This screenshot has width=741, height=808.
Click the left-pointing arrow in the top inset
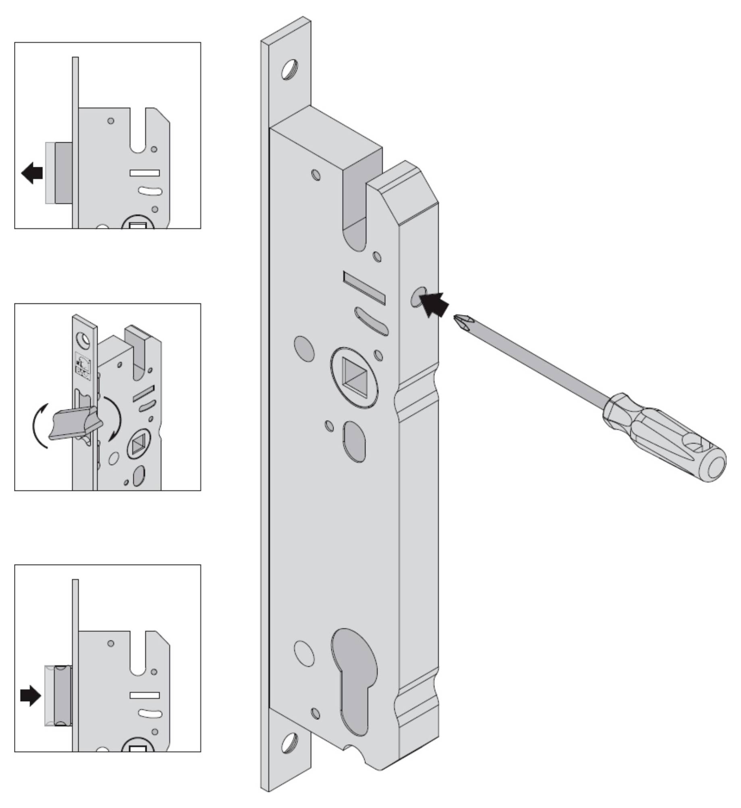point(32,173)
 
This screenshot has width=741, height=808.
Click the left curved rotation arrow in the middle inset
point(39,425)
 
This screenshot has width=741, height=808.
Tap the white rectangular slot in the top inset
point(145,173)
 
